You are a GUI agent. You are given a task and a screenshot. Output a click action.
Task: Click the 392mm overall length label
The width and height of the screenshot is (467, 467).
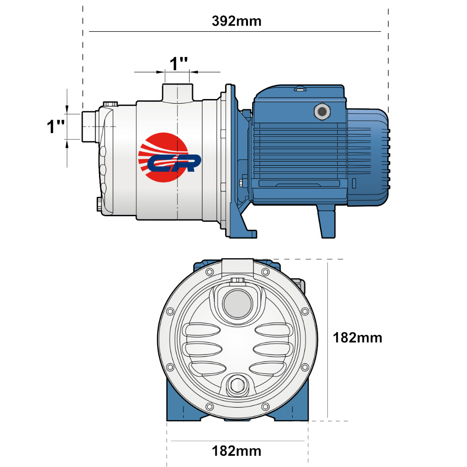236,21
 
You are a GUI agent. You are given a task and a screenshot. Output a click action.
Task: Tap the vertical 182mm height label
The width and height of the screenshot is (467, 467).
357,338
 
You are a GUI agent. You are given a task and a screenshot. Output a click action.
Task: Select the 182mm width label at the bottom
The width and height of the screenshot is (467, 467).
236,451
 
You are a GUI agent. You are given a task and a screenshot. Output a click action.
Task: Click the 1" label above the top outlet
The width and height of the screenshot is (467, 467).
178,64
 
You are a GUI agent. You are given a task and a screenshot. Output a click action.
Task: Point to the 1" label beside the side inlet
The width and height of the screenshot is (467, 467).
56,126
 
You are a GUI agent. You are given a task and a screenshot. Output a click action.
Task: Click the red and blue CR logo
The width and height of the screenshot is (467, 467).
170,157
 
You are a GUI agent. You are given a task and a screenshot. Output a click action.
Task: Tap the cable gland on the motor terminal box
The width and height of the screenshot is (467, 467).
322,112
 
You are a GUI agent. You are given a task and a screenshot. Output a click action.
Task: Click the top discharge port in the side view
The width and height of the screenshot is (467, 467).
177,93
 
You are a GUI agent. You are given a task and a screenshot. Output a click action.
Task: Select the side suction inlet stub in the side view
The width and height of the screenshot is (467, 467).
89,127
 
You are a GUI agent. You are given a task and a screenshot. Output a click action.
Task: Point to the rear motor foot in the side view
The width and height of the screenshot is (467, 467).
326,221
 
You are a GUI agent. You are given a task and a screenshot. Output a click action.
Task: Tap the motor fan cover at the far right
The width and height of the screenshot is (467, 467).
368,157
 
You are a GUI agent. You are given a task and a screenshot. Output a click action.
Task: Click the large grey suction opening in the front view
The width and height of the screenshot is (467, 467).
237,304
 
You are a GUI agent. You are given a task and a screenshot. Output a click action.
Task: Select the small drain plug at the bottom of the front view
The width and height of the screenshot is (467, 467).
237,386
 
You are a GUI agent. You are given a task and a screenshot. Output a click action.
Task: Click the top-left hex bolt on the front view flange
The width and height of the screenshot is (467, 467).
210,272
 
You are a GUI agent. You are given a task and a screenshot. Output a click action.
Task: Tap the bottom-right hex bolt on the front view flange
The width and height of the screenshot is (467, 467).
265,407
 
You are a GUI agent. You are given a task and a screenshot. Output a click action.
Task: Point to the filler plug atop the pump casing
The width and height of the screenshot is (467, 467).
111,104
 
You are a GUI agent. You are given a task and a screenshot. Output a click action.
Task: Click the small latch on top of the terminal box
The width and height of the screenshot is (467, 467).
300,88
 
